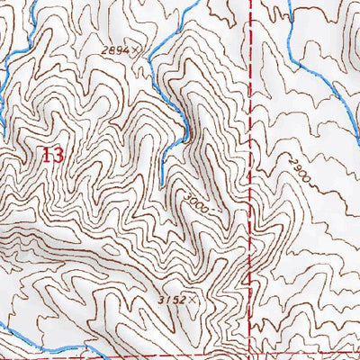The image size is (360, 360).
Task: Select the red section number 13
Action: pyautogui.click(x=53, y=155)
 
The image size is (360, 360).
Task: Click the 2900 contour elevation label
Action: pyautogui.click(x=301, y=170)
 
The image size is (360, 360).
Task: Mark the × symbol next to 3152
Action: pyautogui.click(x=192, y=298)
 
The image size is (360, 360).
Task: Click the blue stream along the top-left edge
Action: pyautogui.click(x=22, y=36)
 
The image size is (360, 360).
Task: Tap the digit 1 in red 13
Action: pyautogui.click(x=47, y=155)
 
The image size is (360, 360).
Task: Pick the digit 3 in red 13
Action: pyautogui.click(x=58, y=155)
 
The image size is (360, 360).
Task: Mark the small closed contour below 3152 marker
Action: pyautogui.click(x=193, y=319)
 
